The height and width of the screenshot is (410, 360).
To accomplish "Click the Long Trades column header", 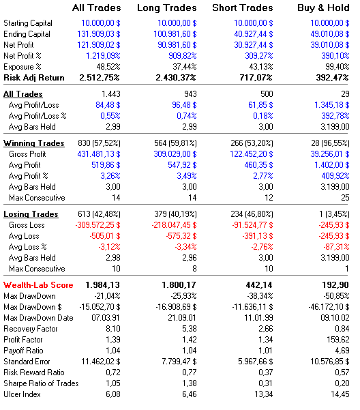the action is (x=166, y=8).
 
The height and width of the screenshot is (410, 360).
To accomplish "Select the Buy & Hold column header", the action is (x=323, y=8).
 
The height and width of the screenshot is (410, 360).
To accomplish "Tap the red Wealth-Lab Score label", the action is (x=38, y=285).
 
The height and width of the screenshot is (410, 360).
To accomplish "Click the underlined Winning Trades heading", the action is (x=34, y=143).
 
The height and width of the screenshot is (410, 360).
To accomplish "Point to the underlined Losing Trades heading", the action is (x=31, y=214).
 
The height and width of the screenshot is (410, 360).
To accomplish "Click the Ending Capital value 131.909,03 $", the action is (x=99, y=34).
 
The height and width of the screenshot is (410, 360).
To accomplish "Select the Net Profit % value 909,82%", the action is (x=182, y=56).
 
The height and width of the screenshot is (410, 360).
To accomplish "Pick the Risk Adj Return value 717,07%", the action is (x=256, y=78).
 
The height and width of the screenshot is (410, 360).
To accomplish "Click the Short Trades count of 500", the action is (x=267, y=94).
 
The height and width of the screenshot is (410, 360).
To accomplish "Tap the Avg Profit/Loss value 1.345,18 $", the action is (x=332, y=105).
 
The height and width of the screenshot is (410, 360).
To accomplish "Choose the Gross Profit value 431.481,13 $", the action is (x=99, y=154).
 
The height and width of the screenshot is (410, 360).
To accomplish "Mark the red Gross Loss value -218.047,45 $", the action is (x=175, y=225).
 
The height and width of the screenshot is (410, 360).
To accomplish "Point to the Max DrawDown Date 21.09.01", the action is (x=182, y=318).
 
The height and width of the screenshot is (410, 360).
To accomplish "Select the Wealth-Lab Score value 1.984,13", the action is (x=103, y=285).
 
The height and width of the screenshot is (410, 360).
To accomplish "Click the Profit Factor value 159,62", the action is (x=338, y=340).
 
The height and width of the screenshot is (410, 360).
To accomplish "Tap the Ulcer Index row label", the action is (x=22, y=394).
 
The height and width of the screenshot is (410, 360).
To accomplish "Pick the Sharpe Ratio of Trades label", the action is (x=41, y=383).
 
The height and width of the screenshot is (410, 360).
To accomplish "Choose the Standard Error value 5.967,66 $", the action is (x=256, y=362).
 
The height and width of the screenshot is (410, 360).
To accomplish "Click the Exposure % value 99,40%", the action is (x=337, y=67).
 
